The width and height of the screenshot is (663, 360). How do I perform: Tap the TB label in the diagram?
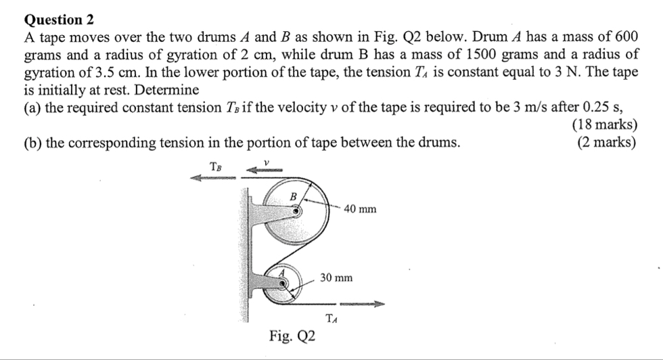pyautogui.click(x=216, y=165)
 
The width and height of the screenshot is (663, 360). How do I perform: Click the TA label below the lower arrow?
pyautogui.click(x=331, y=319)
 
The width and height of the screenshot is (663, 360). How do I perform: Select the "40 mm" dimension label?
pyautogui.click(x=360, y=209)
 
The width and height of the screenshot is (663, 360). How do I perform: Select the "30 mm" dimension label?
pyautogui.click(x=336, y=277)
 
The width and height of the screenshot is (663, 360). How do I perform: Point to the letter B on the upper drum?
pyautogui.click(x=293, y=196)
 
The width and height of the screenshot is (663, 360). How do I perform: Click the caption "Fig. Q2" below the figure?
pyautogui.click(x=292, y=336)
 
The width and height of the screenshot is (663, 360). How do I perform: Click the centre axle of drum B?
pyautogui.click(x=296, y=210)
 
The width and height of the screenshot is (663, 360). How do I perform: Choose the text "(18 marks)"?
pyautogui.click(x=605, y=125)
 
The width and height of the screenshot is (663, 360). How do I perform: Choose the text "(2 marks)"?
pyautogui.click(x=608, y=142)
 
